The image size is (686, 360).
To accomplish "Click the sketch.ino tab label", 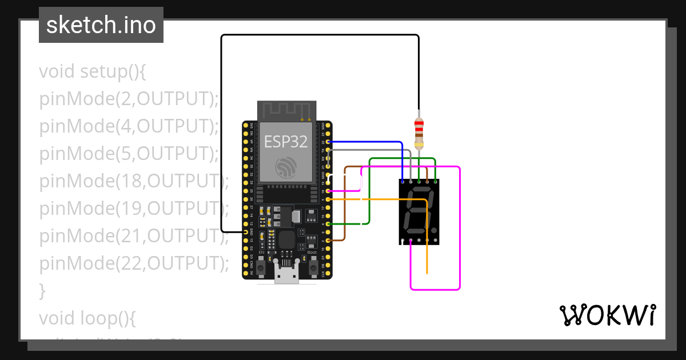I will [101, 25].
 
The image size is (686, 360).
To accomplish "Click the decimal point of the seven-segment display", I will [434, 230].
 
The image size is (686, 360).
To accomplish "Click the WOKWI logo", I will [607, 315].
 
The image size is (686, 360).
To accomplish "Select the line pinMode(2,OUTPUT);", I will [129, 99].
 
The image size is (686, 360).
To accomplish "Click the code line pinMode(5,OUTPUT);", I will [129, 154].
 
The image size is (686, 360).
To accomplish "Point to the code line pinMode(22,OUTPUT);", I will [133, 263].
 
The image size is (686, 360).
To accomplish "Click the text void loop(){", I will [87, 318].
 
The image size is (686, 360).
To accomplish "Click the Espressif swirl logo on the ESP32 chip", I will [286, 167].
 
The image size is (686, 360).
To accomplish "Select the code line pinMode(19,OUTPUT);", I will [133, 208].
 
